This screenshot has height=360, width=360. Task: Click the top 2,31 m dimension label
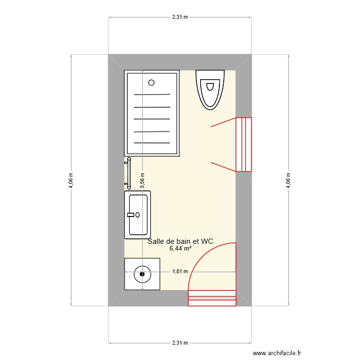pos(180,17)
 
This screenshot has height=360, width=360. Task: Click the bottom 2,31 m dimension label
pos(180,343)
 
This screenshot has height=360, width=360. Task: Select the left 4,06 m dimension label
pos(71,180)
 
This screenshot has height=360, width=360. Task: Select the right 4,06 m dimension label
pos(288,180)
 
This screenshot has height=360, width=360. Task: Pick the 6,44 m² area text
pos(180,248)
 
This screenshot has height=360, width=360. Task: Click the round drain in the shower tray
pos(152,83)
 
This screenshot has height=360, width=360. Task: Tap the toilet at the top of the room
pos(210,89)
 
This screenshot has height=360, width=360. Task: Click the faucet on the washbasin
pos(132,215)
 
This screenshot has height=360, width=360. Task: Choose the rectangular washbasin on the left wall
pos(138,215)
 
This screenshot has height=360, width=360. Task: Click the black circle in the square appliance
pos(142,275)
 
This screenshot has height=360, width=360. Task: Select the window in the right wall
pos(244,144)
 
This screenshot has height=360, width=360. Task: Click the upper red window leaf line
pos(223,122)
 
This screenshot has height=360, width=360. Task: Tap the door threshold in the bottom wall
pos(212,298)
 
